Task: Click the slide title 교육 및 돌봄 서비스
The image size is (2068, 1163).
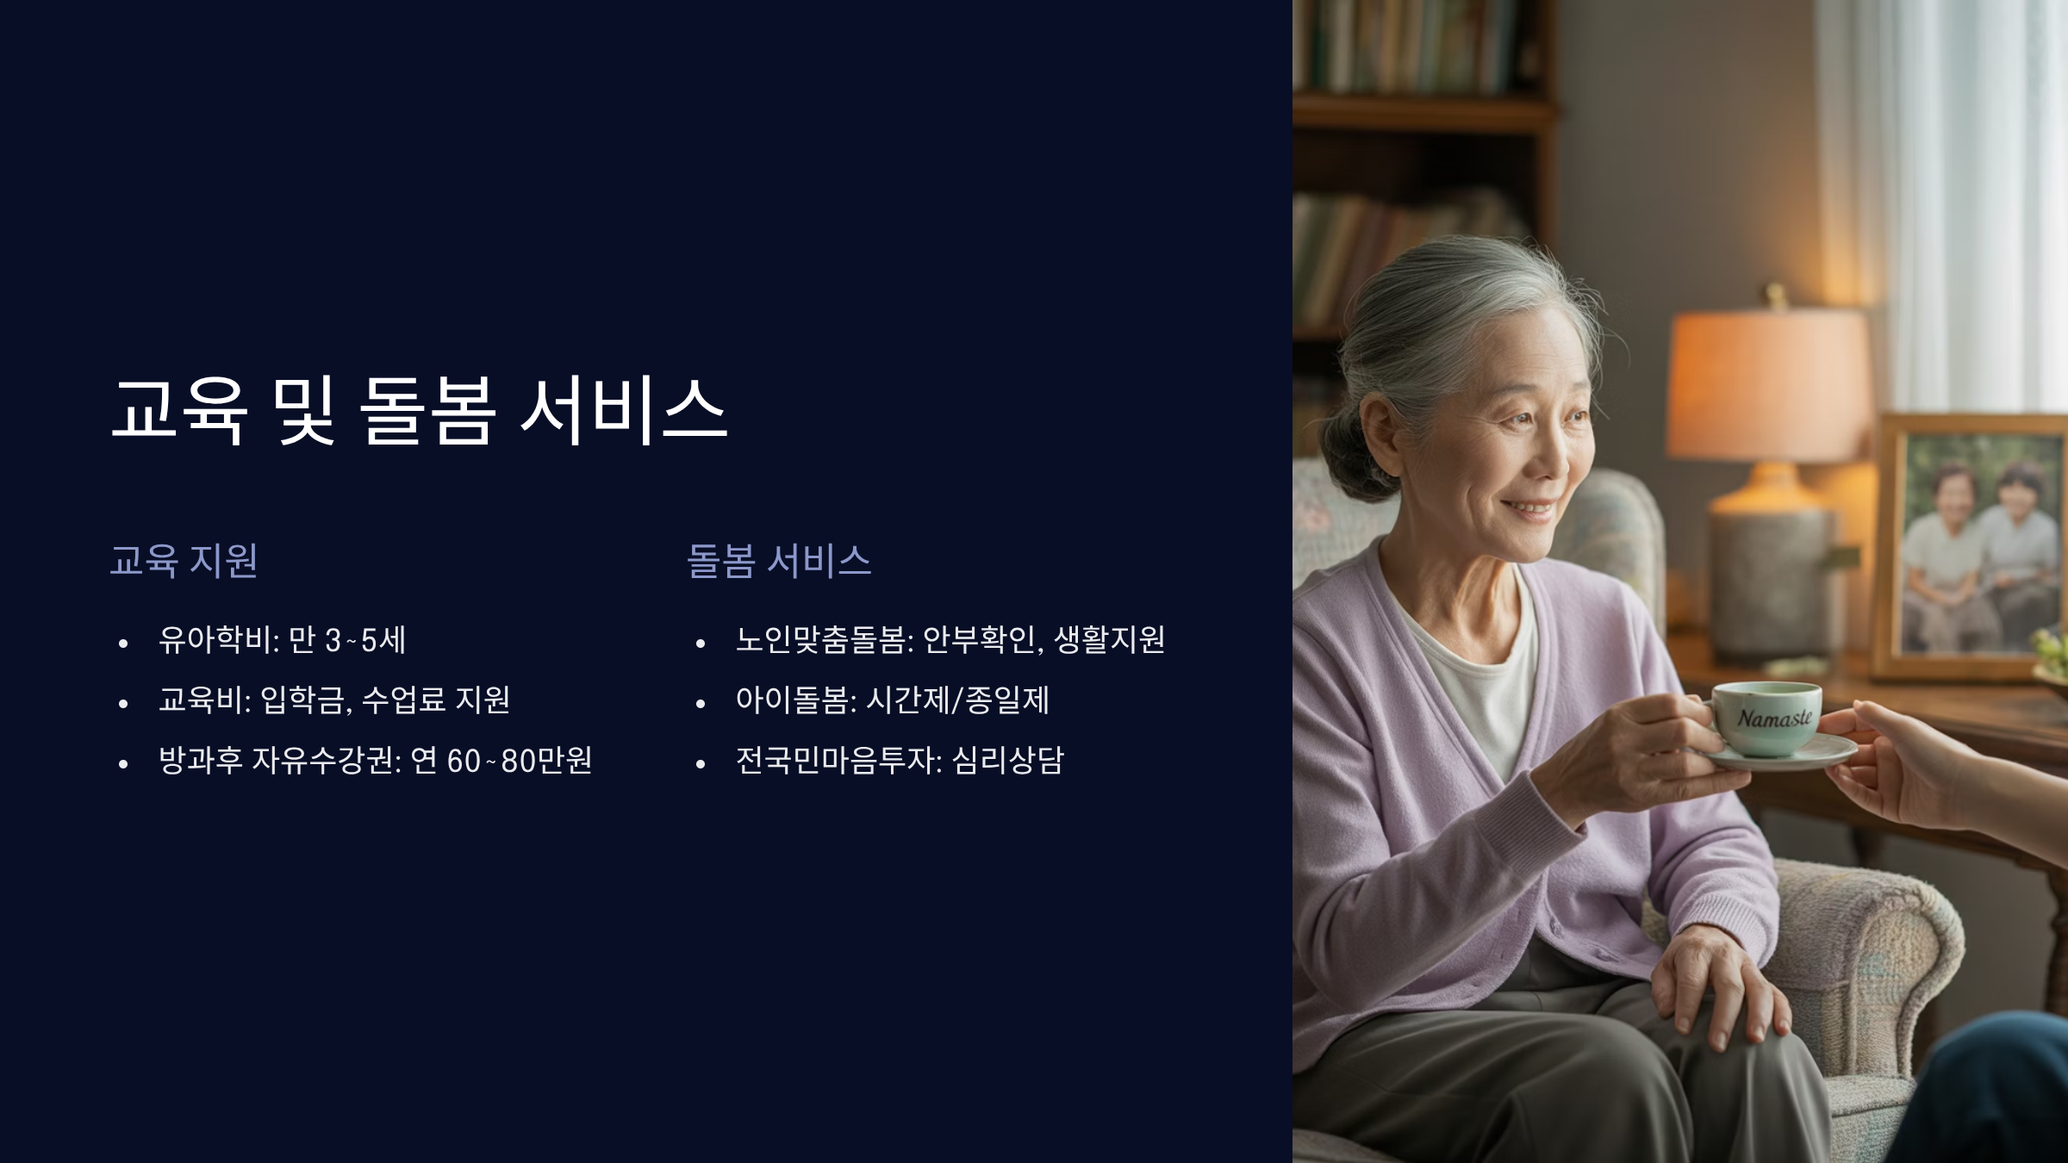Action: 420,412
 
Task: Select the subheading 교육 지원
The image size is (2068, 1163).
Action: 184,561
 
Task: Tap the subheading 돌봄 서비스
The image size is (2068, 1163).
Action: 779,561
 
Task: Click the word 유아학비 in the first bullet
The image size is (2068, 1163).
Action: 215,640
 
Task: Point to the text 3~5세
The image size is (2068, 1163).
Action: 365,640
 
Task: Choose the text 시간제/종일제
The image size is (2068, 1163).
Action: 957,700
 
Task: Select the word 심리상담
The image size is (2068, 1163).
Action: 1008,761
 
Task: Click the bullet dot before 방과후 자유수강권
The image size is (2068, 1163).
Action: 123,763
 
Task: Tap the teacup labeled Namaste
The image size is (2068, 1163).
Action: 1766,717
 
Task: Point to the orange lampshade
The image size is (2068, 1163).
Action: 1771,383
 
